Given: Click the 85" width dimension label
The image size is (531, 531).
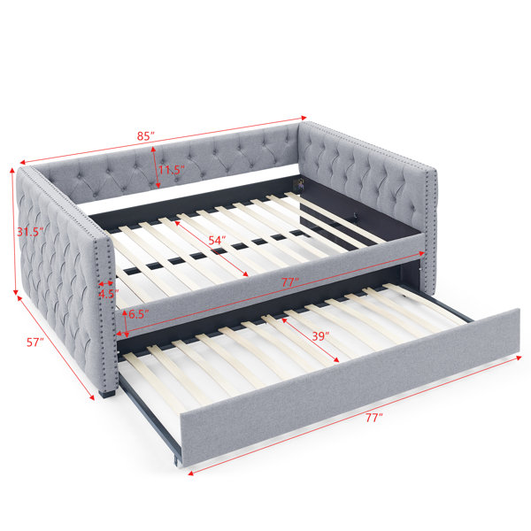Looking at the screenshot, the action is click(x=146, y=136).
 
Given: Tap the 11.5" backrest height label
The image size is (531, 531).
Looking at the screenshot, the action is click(x=172, y=170).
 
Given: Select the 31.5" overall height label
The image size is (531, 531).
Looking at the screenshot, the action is click(x=30, y=232).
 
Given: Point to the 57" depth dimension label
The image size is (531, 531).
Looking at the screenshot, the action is click(x=35, y=342).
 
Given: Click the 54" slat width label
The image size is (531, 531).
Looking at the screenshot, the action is click(x=217, y=241).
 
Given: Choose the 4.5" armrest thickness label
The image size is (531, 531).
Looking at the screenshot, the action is click(x=108, y=294).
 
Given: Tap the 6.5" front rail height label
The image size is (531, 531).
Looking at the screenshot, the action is click(x=139, y=314).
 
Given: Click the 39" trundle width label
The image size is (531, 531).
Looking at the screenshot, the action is click(x=320, y=336).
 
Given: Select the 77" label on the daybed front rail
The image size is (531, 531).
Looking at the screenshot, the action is click(x=290, y=282).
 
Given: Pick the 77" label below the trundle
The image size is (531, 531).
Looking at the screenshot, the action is click(x=373, y=418).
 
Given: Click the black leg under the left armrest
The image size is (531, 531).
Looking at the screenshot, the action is click(x=108, y=394).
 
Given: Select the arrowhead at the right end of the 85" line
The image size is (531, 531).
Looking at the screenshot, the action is click(x=304, y=118).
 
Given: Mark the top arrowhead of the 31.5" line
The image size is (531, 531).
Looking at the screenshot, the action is click(x=12, y=170).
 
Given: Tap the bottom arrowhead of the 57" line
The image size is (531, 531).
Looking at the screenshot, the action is click(x=91, y=397).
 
